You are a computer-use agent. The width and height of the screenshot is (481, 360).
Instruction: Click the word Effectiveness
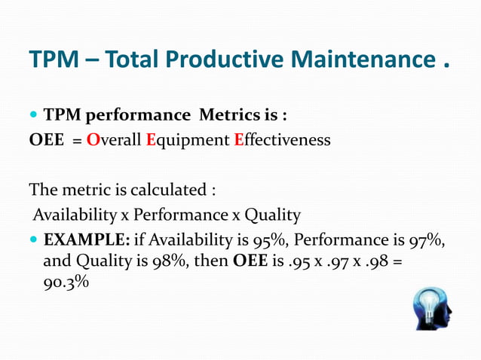[x=282, y=140]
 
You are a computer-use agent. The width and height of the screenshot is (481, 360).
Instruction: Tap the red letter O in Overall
[x=93, y=140]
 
